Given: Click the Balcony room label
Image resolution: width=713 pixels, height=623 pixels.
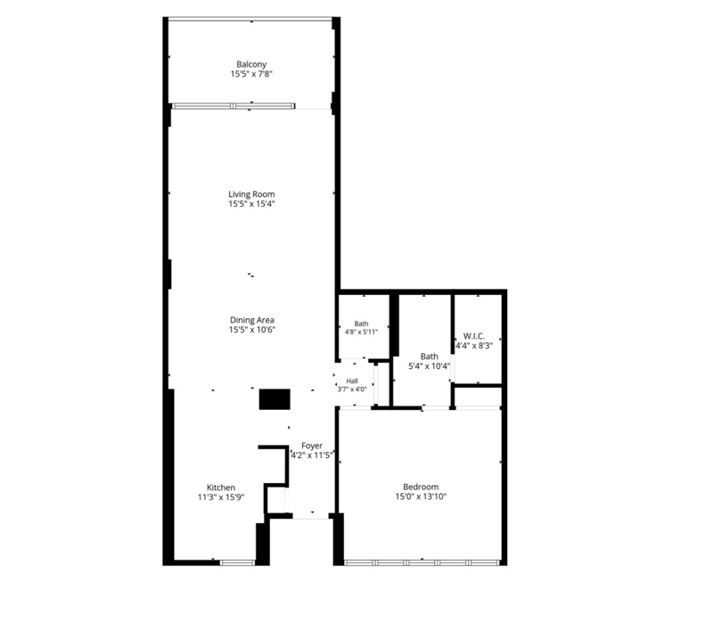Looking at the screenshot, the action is (251, 64).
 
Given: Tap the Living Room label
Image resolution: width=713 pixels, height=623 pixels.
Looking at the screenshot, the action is (251, 194).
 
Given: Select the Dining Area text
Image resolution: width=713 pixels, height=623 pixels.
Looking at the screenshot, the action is (252, 320).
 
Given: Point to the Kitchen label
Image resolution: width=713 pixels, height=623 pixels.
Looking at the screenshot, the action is (221, 488).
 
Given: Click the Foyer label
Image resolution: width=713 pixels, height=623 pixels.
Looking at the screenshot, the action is (312, 446).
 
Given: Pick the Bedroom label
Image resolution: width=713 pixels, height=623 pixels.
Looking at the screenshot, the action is (421, 487).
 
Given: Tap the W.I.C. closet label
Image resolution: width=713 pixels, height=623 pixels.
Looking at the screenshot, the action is (474, 336).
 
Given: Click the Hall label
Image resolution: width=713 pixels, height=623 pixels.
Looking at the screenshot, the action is (352, 381).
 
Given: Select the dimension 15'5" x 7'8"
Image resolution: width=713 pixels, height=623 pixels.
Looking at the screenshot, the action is (251, 74).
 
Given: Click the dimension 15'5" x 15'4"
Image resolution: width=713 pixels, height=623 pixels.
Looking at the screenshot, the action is (251, 204).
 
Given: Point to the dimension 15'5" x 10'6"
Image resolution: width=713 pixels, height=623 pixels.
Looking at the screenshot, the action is (252, 330).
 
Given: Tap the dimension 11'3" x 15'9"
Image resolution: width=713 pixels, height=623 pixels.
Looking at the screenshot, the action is (221, 497).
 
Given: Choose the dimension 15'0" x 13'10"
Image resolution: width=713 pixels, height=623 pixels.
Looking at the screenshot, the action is (421, 496).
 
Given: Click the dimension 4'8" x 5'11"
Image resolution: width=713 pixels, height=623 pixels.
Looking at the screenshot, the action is (361, 332).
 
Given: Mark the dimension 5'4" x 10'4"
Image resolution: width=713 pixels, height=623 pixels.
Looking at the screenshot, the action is (430, 365).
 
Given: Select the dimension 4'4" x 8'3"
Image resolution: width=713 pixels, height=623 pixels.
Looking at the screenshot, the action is (474, 346).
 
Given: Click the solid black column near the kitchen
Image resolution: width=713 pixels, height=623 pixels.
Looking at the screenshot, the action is (275, 399).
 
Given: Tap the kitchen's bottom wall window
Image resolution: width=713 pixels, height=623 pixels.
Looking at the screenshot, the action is (237, 562).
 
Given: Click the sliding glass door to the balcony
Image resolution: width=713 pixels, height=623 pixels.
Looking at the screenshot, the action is (234, 106).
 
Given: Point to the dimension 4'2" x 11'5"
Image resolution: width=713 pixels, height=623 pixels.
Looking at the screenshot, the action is (312, 455).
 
